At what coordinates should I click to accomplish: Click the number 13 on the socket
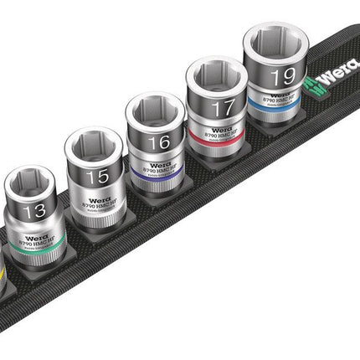pos(35,211)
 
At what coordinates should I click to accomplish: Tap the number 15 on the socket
pos(97,177)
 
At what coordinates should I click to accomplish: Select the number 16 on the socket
pos(159,142)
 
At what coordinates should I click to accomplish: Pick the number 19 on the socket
pos(283,76)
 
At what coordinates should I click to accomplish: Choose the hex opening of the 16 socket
pos(154,110)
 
